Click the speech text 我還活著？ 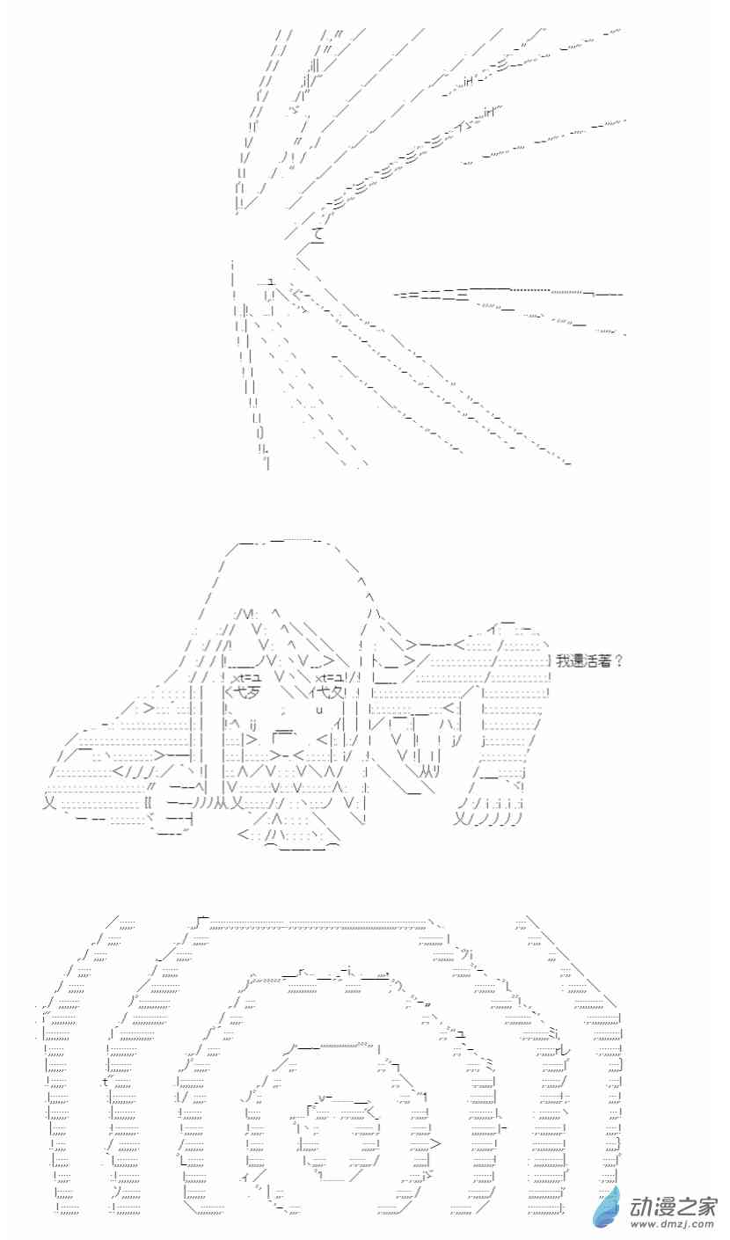[589, 661]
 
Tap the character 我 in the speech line [562, 661]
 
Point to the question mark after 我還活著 [619, 661]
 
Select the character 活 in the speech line [591, 661]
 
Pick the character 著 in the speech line [605, 661]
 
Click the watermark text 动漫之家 [674, 1205]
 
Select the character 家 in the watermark [706, 1205]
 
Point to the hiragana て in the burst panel [317, 235]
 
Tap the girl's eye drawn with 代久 [330, 691]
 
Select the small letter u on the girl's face [319, 710]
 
